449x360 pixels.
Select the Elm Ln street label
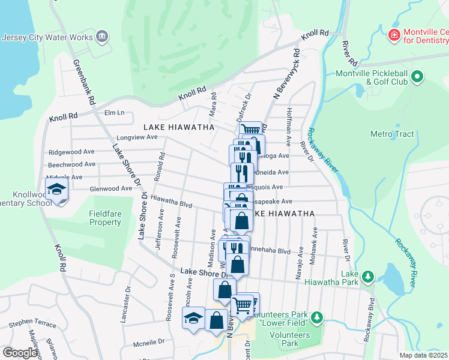[x=114, y=113]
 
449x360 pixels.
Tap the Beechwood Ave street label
[x=72, y=164]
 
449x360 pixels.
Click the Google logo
[x=20, y=353]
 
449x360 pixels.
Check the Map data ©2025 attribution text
[x=424, y=355]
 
